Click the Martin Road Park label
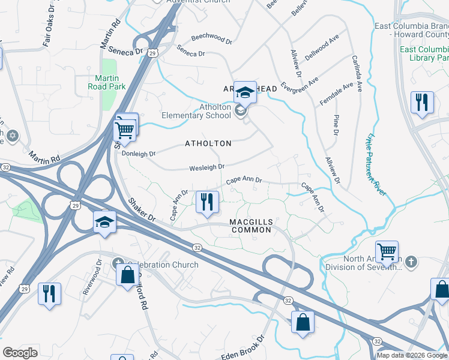[106, 82]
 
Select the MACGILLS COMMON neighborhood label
[252, 226]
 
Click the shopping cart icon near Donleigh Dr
[125, 128]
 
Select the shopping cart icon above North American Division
[387, 251]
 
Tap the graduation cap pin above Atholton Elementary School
[244, 92]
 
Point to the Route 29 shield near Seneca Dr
[154, 53]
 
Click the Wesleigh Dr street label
[207, 167]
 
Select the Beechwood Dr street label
[211, 38]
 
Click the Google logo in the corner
[20, 352]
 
